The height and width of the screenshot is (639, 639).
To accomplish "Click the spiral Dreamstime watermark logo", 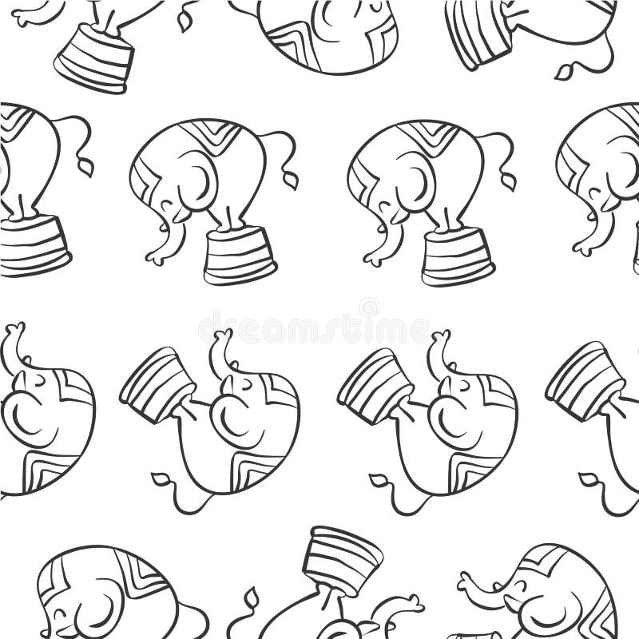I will tap(369, 308).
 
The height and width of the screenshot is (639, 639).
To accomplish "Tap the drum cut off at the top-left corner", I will tap(94, 58).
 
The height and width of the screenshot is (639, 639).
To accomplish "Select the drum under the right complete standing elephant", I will tap(458, 255).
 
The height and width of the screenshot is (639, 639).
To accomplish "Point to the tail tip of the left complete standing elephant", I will tap(291, 180).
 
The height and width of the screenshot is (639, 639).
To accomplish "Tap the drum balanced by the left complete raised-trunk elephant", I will tap(158, 383).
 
